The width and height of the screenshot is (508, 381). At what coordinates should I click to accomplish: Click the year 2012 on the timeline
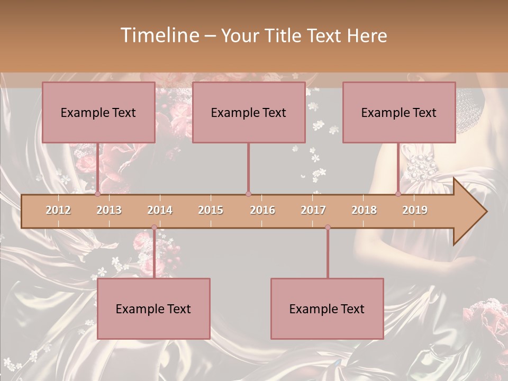tap(58, 210)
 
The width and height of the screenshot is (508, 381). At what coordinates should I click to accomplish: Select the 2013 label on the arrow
tap(109, 210)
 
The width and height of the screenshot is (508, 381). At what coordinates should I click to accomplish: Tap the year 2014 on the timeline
tap(160, 210)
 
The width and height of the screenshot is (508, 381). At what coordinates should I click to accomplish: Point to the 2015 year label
tap(211, 210)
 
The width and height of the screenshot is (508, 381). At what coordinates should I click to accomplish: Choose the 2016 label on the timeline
tap(262, 210)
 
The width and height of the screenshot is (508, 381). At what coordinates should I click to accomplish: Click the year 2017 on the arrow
tap(313, 210)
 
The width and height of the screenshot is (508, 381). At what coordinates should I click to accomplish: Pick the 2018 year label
tap(364, 210)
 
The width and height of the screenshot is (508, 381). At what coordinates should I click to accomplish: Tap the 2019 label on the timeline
tap(415, 210)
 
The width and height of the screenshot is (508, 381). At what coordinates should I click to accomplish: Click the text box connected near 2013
tap(98, 112)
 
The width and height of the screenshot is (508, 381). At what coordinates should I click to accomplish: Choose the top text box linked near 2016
tap(249, 112)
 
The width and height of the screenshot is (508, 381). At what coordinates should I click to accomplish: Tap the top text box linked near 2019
tap(399, 112)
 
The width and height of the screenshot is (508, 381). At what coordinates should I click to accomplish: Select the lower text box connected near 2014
tap(153, 309)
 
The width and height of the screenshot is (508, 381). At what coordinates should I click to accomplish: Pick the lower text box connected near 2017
tap(327, 309)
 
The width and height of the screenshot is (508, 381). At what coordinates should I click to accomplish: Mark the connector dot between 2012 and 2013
tap(97, 194)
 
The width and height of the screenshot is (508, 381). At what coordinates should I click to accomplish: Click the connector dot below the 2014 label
tap(154, 228)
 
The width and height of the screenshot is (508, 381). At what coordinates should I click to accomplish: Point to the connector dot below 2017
tap(328, 228)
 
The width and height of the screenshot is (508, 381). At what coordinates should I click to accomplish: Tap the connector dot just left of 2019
tap(398, 194)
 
